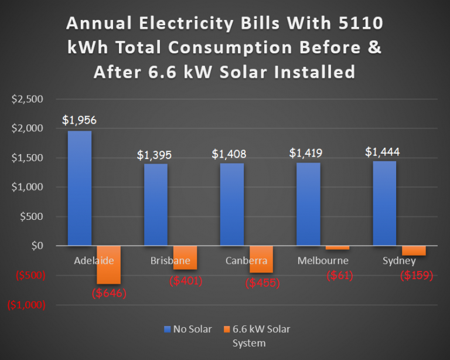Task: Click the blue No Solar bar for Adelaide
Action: pos(79,188)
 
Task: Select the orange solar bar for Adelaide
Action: pos(109,264)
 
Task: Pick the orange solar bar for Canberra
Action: pos(261,259)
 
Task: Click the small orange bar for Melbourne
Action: pos(337,248)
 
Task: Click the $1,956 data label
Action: pos(80,120)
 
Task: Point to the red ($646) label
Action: pos(109,292)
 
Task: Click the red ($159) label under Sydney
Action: pos(416,276)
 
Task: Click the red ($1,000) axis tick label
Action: pos(26,305)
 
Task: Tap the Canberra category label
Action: pos(246,260)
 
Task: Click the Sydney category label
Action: pos(399,260)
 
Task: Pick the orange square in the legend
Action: pos(228,329)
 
